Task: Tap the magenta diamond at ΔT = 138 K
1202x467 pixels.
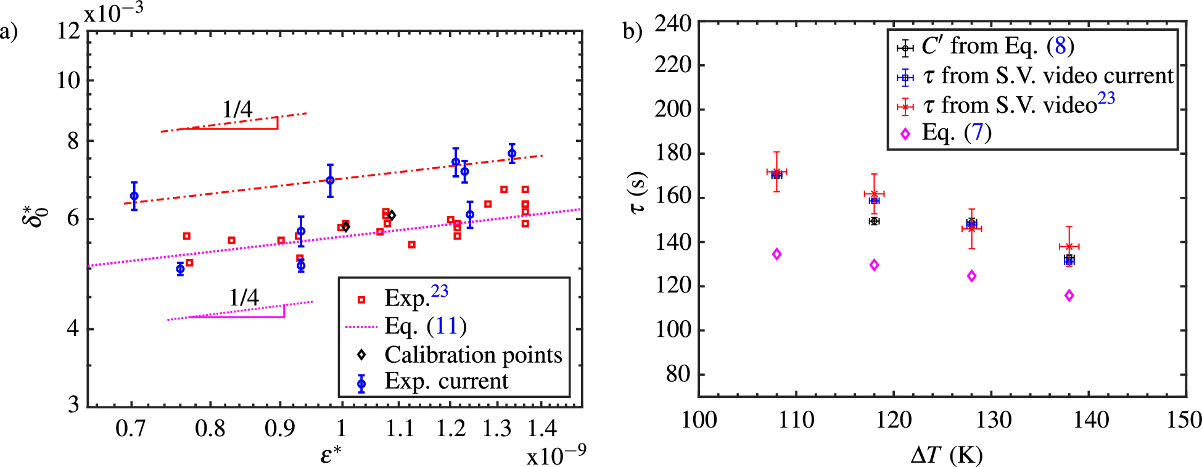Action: [x=1069, y=295]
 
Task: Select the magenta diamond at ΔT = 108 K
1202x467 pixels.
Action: [x=776, y=254]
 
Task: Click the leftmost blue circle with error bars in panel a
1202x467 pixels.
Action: [x=134, y=196]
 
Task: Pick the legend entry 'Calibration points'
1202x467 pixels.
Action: [x=472, y=355]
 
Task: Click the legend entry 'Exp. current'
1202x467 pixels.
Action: [x=446, y=381]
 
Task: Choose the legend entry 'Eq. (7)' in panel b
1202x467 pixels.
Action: [x=956, y=133]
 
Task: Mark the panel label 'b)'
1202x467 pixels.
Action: [x=633, y=31]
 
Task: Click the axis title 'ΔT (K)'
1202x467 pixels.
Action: [x=947, y=455]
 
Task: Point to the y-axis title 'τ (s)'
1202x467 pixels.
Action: [x=638, y=192]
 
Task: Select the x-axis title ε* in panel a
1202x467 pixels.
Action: [x=331, y=454]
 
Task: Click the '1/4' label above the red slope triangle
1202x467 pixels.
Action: [x=237, y=110]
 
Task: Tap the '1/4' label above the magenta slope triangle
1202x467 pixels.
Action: [x=244, y=298]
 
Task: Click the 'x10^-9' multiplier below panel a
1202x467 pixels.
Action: [x=556, y=455]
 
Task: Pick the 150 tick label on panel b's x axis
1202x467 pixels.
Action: [x=1183, y=420]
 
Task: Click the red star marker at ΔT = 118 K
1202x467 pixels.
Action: [x=874, y=194]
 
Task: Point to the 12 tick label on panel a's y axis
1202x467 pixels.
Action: [x=68, y=31]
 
